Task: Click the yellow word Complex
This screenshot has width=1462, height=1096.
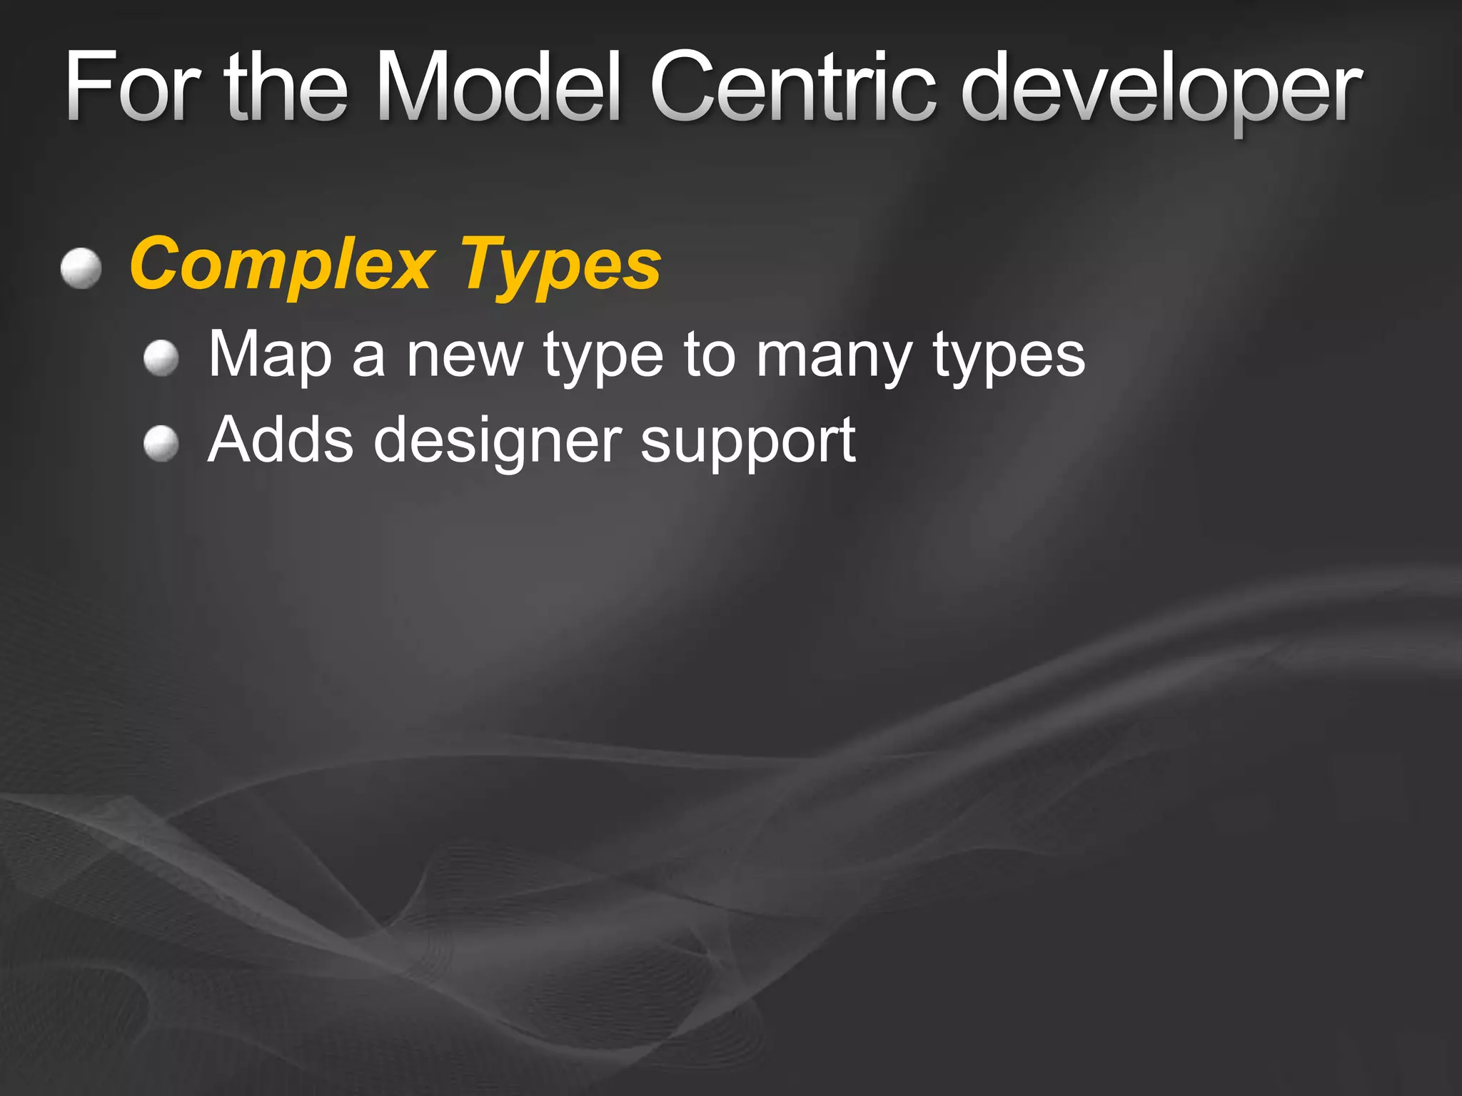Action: click(282, 265)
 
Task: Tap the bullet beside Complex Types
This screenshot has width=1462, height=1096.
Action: click(81, 268)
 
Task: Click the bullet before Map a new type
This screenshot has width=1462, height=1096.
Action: click(161, 357)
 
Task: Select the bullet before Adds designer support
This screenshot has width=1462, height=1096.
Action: click(161, 444)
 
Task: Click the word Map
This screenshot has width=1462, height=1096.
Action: click(270, 355)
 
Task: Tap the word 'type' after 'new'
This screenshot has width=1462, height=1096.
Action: click(603, 358)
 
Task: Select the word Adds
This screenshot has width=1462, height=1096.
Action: click(281, 440)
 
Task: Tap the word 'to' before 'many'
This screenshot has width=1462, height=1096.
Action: click(710, 355)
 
